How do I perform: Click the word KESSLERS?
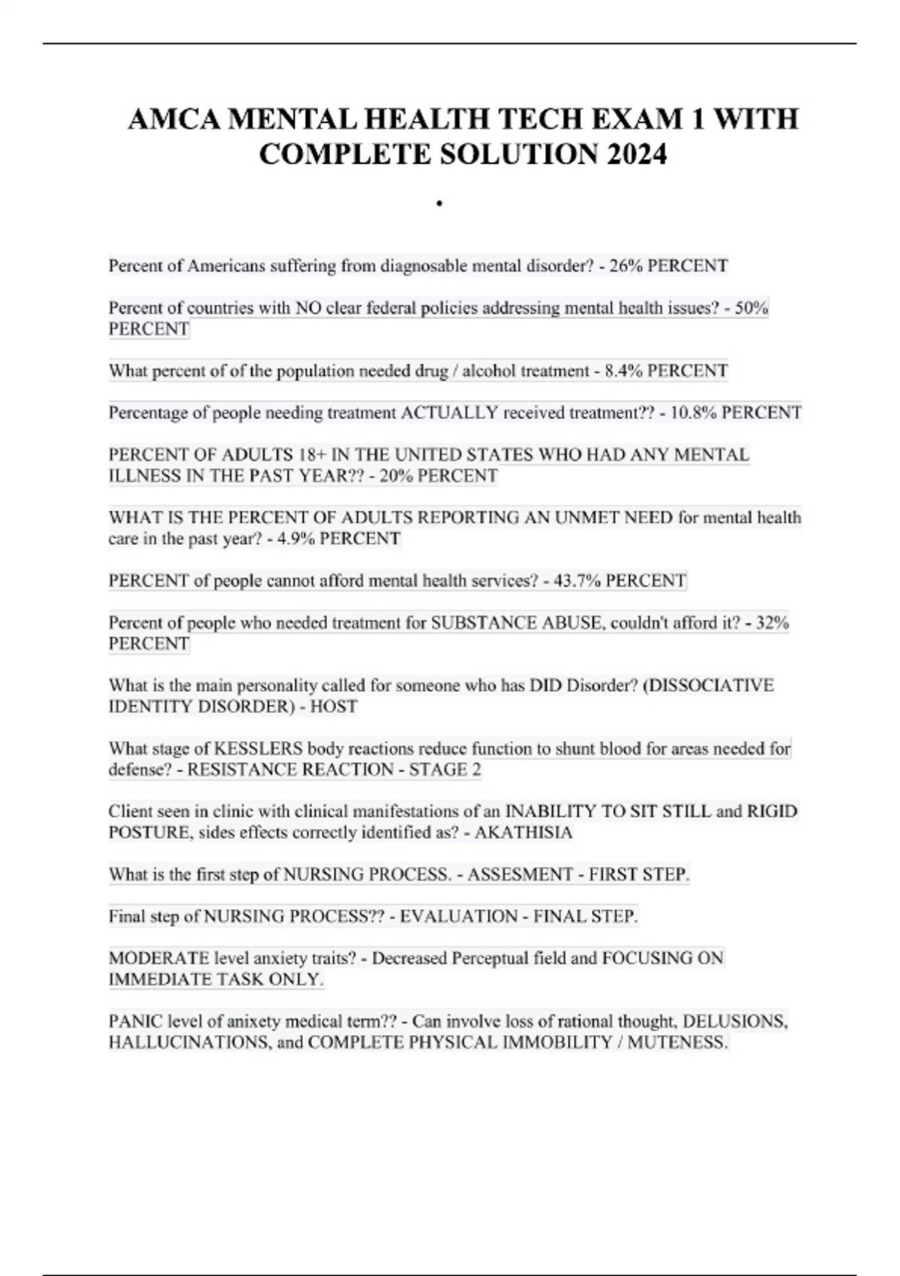259,749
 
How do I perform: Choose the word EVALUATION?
459,917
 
